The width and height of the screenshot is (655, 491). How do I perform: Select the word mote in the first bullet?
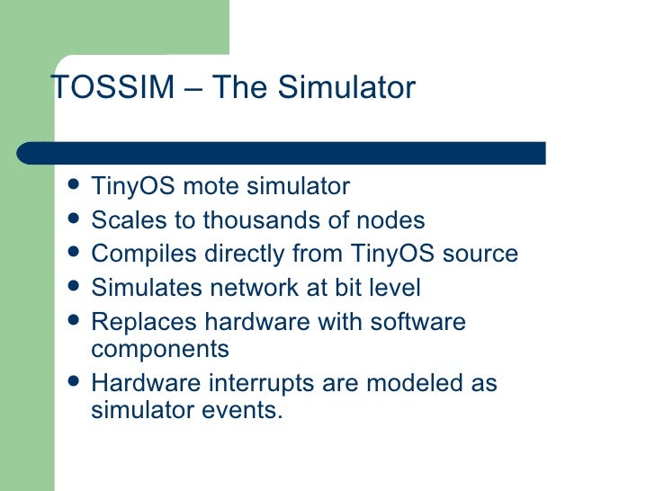pyautogui.click(x=212, y=186)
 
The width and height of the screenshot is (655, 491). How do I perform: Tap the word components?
pyautogui.click(x=160, y=349)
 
